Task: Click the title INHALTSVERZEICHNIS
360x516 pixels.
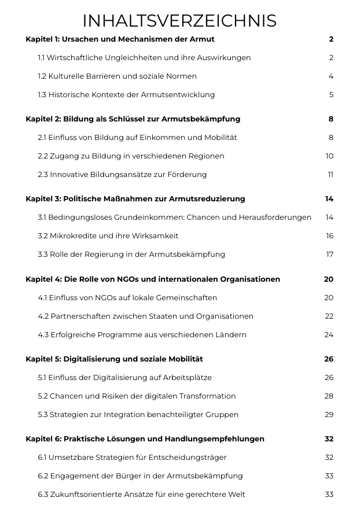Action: tap(179, 21)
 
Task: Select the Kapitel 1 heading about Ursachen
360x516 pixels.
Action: tap(120, 39)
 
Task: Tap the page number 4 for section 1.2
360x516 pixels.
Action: tap(331, 76)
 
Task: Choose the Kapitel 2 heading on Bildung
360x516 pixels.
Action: tap(133, 119)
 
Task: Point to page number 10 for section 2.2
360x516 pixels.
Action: tap(329, 156)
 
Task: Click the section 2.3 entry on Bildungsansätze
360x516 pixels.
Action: tap(122, 175)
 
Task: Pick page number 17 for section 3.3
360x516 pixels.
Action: tap(330, 255)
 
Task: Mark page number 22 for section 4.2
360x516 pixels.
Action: tap(329, 316)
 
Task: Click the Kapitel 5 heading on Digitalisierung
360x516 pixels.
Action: tap(114, 359)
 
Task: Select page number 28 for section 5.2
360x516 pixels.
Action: tap(329, 396)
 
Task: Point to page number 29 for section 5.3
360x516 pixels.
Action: tap(329, 415)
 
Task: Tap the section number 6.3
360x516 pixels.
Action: tap(43, 495)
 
